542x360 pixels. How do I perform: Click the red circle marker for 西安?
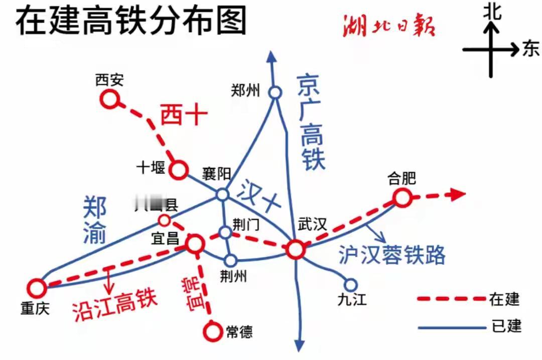coord(109,100)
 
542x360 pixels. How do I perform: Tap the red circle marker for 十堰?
coord(178,170)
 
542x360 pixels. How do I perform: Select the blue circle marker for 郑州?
coord(275,92)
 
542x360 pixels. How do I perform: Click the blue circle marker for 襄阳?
coord(222,195)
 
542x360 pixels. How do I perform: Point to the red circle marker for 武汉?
coord(295,249)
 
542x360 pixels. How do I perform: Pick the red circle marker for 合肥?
coord(402,198)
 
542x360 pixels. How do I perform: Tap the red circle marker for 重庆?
coord(36,288)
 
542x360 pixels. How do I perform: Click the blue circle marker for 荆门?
coord(225,232)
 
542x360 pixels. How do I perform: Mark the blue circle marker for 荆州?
coord(230,260)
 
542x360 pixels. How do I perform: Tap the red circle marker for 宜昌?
coord(195,244)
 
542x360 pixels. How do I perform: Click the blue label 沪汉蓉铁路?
coord(392,255)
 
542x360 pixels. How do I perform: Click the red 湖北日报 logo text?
coord(388,26)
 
